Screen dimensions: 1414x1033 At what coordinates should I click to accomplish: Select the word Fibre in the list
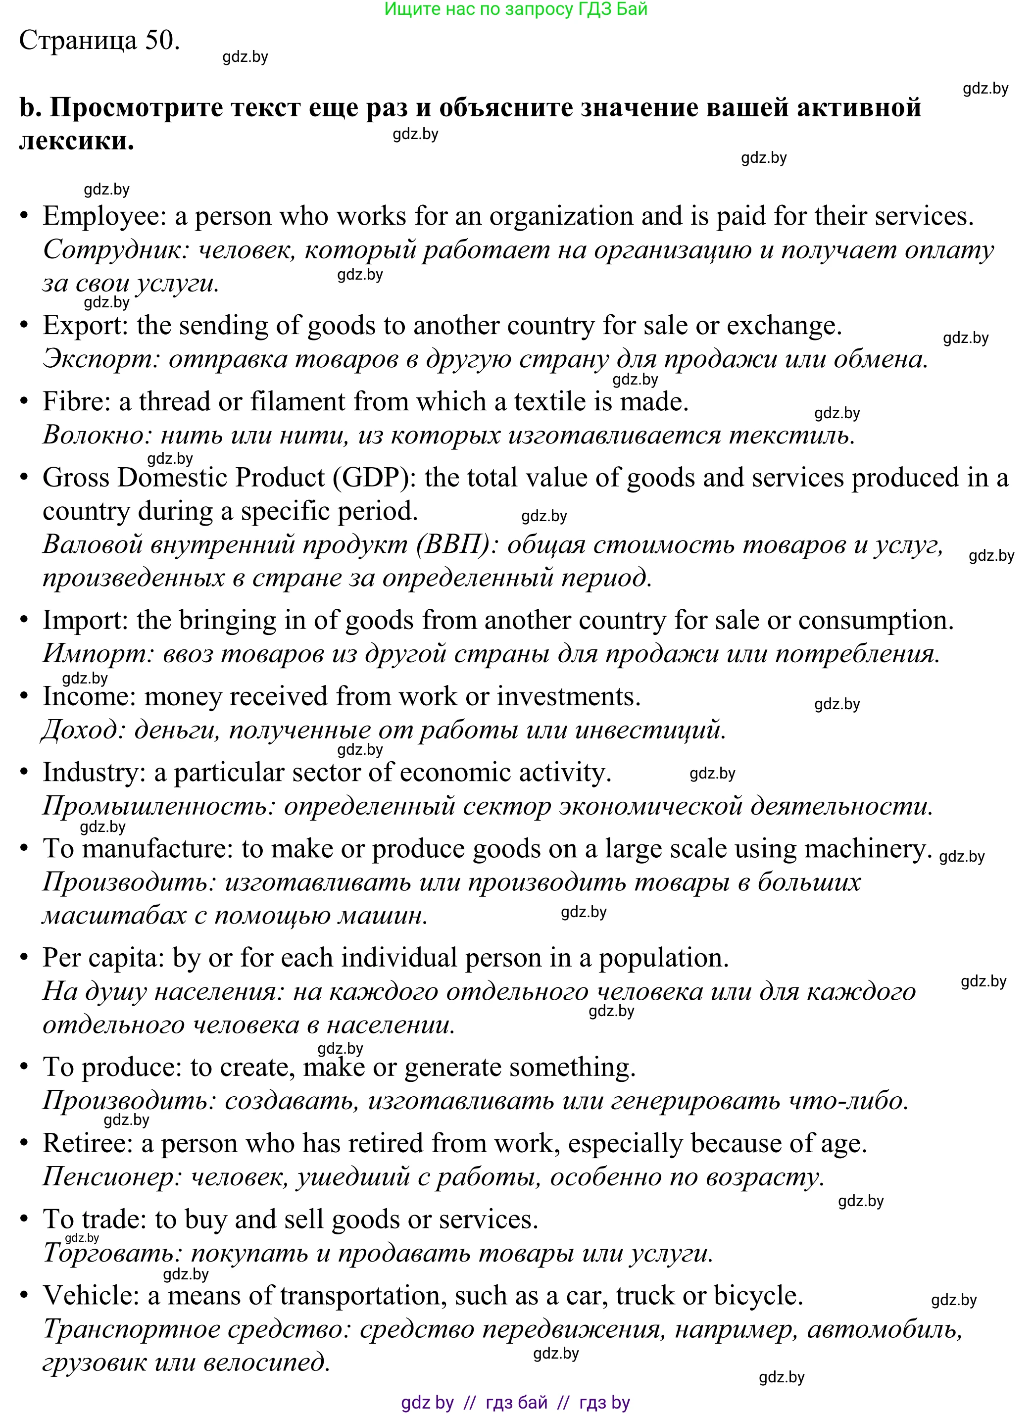click(x=76, y=402)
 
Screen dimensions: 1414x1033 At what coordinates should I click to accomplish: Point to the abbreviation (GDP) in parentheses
click(x=374, y=478)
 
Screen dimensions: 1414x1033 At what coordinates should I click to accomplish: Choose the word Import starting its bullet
click(x=84, y=621)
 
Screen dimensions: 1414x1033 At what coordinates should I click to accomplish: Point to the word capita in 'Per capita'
click(x=124, y=958)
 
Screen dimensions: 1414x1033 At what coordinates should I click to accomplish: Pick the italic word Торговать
click(x=112, y=1253)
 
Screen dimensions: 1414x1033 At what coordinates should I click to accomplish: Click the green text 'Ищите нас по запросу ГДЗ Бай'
click(x=516, y=9)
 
